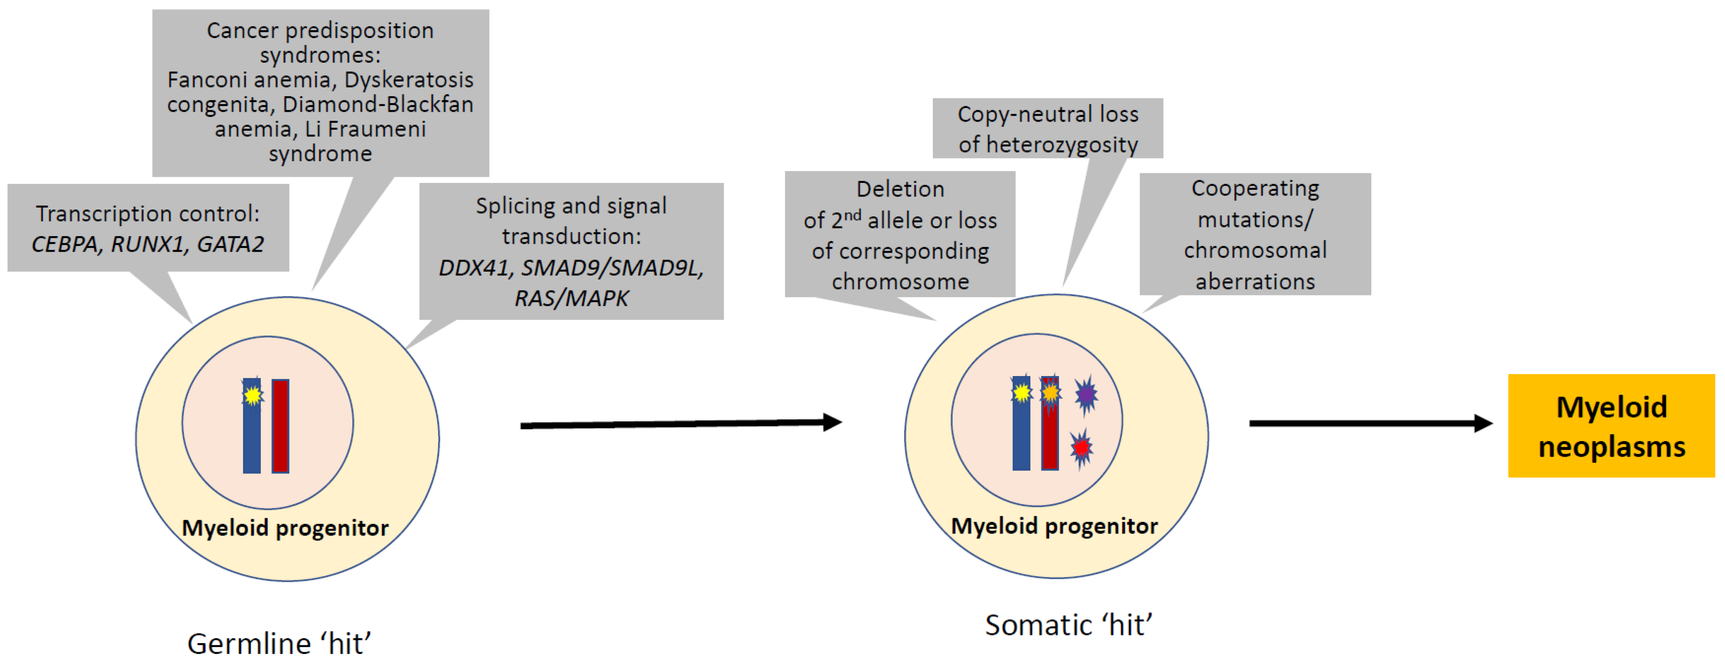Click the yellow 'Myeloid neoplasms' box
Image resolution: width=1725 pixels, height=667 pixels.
1610,426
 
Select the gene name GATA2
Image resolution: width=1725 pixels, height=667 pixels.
230,244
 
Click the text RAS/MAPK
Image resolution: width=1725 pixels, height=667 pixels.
571,298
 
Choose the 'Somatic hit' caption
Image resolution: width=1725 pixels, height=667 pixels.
1068,625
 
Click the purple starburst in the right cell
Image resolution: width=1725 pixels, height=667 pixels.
1086,395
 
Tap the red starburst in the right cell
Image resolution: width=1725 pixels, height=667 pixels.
1081,447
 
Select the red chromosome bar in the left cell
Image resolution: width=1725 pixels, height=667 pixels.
280,426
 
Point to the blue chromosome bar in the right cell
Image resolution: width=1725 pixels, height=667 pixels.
1021,435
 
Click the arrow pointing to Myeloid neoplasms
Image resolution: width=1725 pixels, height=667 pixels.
1369,423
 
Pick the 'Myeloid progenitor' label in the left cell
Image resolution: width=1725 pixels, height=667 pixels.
285,528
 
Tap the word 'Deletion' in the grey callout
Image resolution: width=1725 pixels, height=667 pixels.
900,189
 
